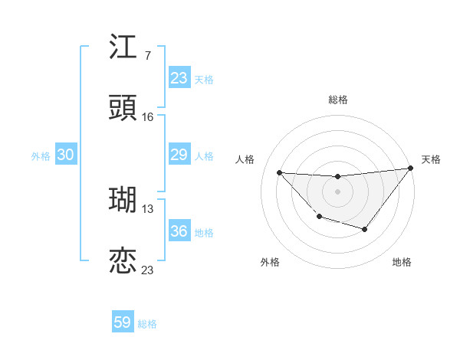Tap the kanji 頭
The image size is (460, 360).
pyautogui.click(x=123, y=109)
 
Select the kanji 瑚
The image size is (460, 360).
pyautogui.click(x=123, y=200)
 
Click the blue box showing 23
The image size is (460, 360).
pyautogui.click(x=179, y=78)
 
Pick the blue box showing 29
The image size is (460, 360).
pyautogui.click(x=179, y=155)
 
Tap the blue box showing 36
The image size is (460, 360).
pyautogui.click(x=179, y=231)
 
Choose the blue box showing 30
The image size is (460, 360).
pyautogui.click(x=66, y=155)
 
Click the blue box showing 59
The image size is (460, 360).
pyautogui.click(x=123, y=322)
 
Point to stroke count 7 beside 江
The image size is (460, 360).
pyautogui.click(x=147, y=55)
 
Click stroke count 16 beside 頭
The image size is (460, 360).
pyautogui.click(x=148, y=116)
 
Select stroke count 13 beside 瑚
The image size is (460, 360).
pyautogui.click(x=148, y=208)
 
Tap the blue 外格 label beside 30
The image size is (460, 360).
pyautogui.click(x=41, y=156)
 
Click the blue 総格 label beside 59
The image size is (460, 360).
pyautogui.click(x=147, y=324)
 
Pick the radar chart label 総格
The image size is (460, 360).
pyautogui.click(x=337, y=100)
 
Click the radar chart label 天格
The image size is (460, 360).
pyautogui.click(x=431, y=159)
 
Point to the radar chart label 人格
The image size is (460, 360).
pyautogui.click(x=245, y=159)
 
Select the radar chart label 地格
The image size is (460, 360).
pyautogui.click(x=402, y=263)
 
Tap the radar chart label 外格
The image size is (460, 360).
pyautogui.click(x=270, y=263)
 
